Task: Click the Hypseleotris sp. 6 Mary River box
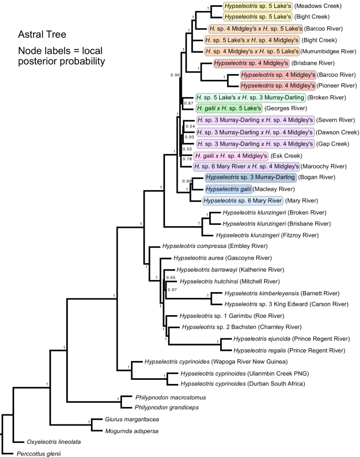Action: [243, 200]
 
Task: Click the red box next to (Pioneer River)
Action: [277, 85]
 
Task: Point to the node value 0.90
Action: [176, 75]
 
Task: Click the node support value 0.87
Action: [187, 103]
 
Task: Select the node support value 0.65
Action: [170, 277]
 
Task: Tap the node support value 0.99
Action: [186, 181]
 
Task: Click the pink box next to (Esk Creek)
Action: [232, 156]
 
